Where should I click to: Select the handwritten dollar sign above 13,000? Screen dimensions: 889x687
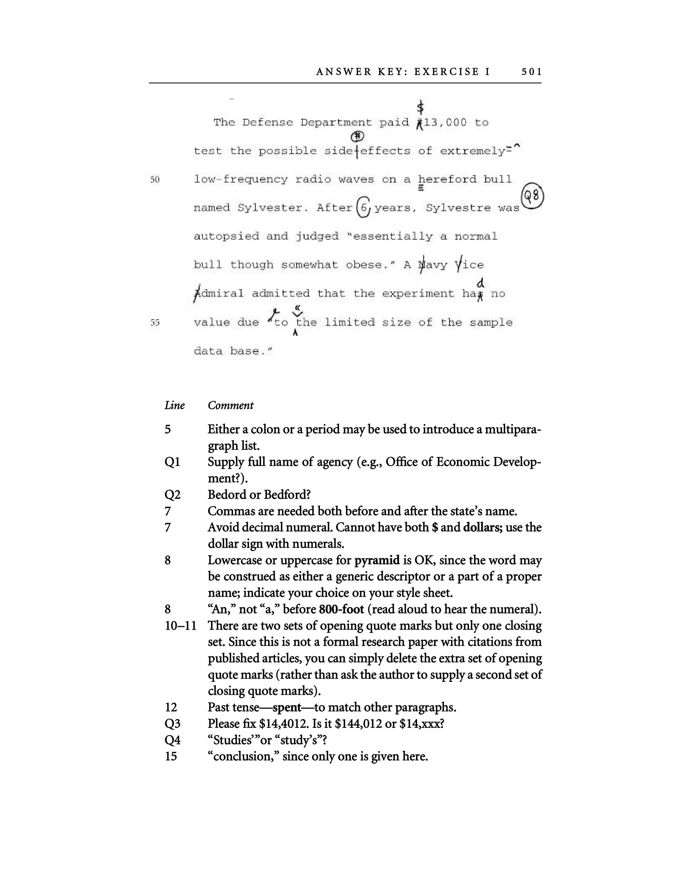coord(421,107)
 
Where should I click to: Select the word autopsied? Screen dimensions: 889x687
coord(226,237)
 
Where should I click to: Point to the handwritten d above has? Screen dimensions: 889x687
coord(481,282)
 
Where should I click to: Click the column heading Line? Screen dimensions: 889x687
coord(175,405)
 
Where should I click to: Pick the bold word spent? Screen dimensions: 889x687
coord(287,707)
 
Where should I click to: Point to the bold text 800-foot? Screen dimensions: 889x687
coord(341,609)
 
